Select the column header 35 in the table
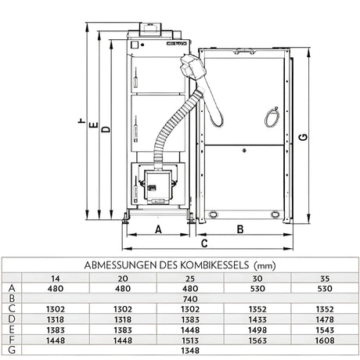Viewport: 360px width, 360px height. pos(325,278)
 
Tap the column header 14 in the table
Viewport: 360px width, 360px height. pos(55,278)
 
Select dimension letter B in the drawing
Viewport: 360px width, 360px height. pos(240,229)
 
